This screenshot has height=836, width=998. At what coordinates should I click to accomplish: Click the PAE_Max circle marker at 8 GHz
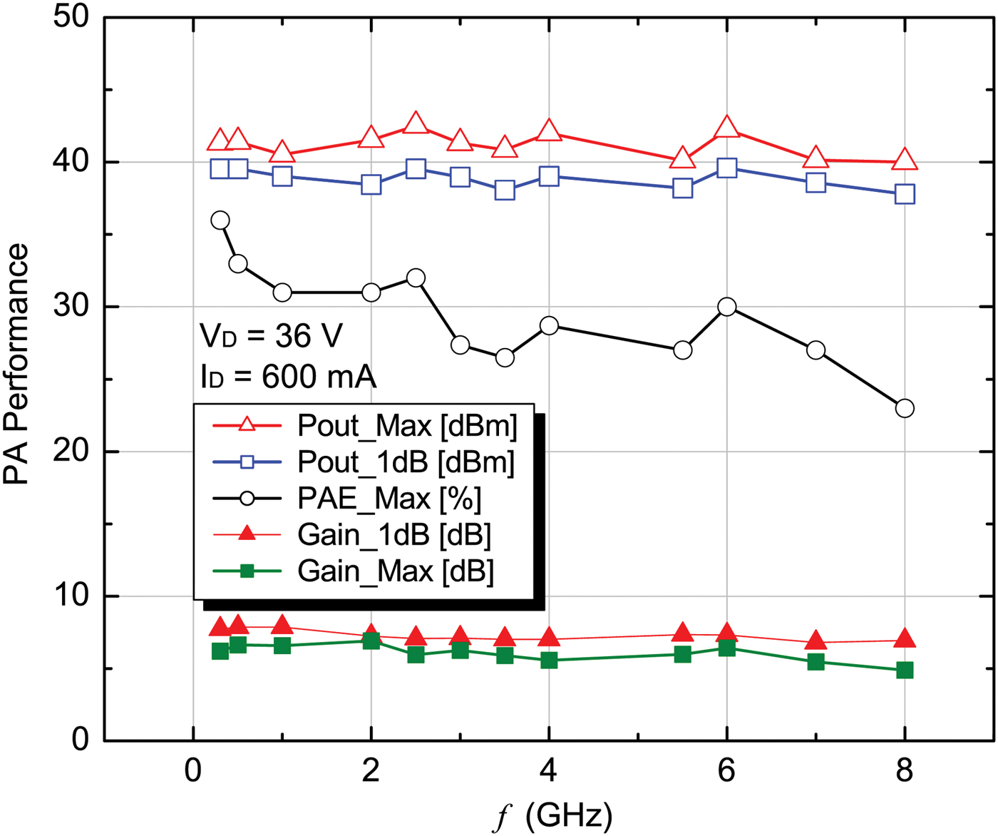pyautogui.click(x=905, y=409)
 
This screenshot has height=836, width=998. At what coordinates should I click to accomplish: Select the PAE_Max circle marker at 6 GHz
pyautogui.click(x=726, y=307)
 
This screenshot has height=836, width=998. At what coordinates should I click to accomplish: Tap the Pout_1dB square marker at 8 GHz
pyautogui.click(x=905, y=194)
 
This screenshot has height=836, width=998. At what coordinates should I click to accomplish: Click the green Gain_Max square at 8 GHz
pyautogui.click(x=905, y=671)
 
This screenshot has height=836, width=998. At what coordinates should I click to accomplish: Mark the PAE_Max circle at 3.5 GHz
pyautogui.click(x=505, y=357)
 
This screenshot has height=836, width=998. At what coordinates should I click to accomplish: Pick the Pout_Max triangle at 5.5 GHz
pyautogui.click(x=682, y=158)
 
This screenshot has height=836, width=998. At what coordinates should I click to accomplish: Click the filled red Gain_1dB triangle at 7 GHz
pyautogui.click(x=816, y=641)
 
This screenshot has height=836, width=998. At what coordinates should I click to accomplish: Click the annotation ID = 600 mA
pyautogui.click(x=288, y=377)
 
